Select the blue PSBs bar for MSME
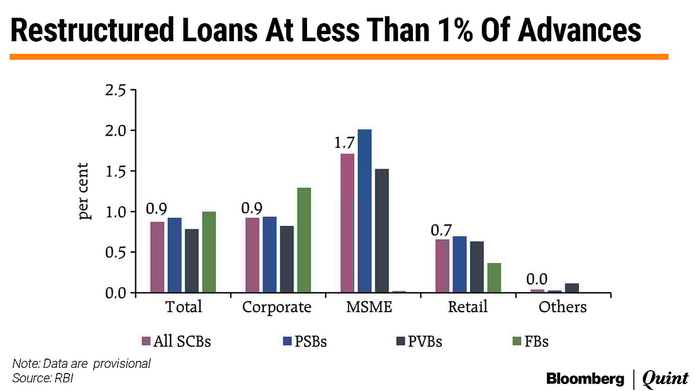tap(364, 211)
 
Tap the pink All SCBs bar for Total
tap(158, 257)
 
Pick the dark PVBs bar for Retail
tap(477, 267)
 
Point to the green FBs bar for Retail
tap(494, 278)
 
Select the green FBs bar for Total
tap(209, 252)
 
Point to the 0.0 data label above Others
tap(536, 280)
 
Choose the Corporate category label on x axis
tap(277, 307)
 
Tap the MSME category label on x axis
tap(368, 307)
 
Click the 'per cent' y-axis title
tap(85, 192)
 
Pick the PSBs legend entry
tap(306, 341)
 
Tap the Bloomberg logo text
tap(586, 379)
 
